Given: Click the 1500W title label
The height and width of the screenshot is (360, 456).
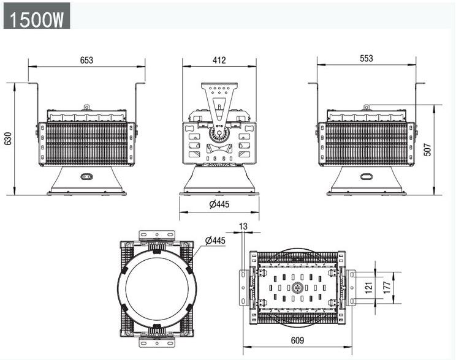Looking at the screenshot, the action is click(37, 20).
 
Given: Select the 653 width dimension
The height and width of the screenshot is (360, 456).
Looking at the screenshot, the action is click(86, 60).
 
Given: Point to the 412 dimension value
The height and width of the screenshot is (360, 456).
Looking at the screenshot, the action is click(219, 60).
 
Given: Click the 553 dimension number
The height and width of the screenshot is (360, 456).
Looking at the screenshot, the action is click(367, 58).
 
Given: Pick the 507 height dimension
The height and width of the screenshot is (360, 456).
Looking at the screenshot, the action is click(428, 149).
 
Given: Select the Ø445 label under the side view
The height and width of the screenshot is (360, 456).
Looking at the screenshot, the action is click(219, 204).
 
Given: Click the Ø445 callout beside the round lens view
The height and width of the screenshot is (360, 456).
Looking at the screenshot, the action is click(215, 241).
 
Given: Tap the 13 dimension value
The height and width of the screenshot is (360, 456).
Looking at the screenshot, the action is click(243, 226).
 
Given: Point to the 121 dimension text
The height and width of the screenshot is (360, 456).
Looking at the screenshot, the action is click(368, 288).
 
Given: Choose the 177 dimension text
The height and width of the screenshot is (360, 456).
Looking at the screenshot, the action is click(387, 288).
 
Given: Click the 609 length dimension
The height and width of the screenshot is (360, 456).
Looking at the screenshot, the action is click(297, 340).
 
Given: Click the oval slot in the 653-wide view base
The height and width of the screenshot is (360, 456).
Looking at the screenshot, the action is click(86, 176).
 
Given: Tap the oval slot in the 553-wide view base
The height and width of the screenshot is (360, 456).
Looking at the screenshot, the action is click(367, 176).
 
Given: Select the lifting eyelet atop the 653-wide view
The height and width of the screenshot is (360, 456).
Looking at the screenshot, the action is click(86, 108).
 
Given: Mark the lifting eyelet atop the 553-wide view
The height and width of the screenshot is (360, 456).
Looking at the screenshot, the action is click(367, 108).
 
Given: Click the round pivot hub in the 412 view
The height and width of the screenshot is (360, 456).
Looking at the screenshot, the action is click(219, 133).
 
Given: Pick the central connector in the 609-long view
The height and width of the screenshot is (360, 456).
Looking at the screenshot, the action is click(297, 288).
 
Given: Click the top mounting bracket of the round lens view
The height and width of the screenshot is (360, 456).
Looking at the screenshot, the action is click(157, 235).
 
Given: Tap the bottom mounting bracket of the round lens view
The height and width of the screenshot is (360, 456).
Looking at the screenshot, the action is click(157, 342).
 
